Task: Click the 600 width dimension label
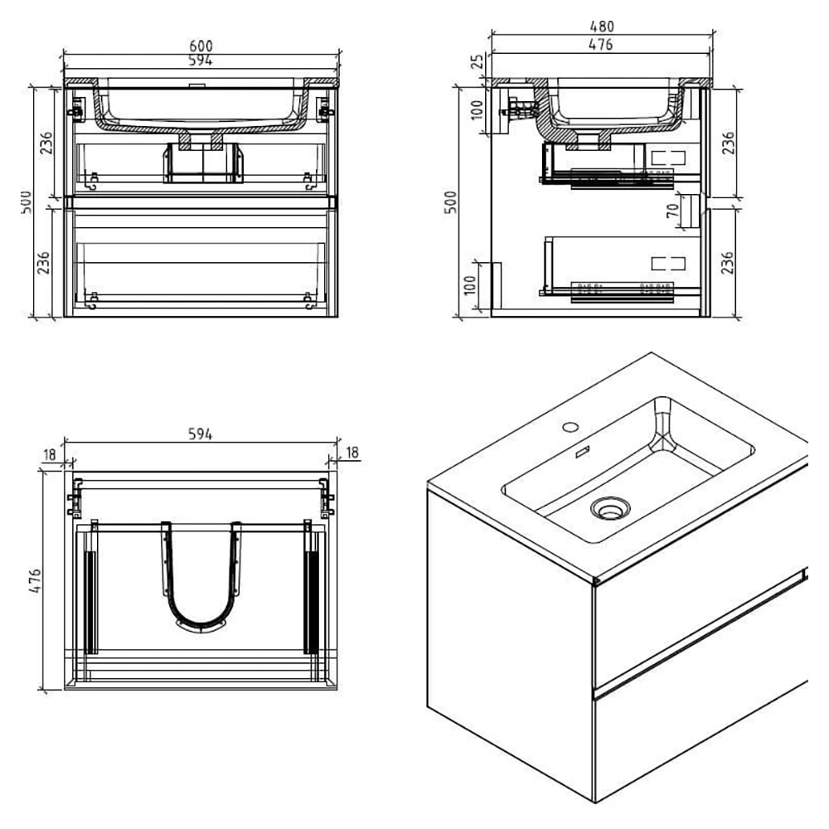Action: (x=200, y=48)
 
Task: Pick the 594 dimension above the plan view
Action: (x=200, y=434)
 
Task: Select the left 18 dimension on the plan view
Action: (x=51, y=453)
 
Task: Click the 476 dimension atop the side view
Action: (x=601, y=45)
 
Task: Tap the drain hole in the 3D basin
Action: (x=609, y=507)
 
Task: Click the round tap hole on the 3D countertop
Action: (x=570, y=428)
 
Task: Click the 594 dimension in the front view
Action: (x=200, y=61)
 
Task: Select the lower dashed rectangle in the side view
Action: (x=669, y=264)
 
